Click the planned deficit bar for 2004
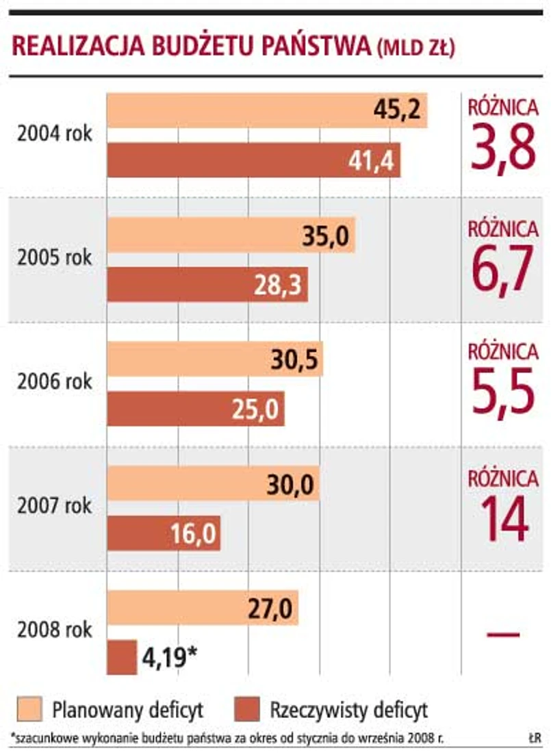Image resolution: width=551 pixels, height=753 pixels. pos(267,110)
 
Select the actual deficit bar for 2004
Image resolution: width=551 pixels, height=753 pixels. pos(253,160)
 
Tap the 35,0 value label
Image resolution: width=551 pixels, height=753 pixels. pos(326,237)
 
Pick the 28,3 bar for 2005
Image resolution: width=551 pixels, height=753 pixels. pos(207,285)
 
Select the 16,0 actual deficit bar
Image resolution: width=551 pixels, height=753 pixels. pos(164,533)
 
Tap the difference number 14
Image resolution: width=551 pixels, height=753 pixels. pos(503,519)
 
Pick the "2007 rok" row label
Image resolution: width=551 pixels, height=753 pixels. pos(55,507)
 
